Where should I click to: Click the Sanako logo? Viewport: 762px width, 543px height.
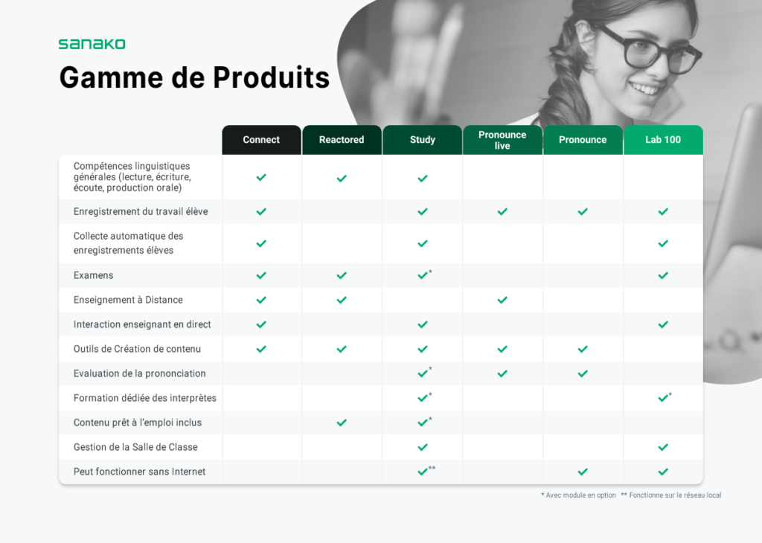tap(92, 44)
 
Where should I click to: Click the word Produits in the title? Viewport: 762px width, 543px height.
tap(271, 77)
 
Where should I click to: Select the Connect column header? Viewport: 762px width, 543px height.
tap(261, 140)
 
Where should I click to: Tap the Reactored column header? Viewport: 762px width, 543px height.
tap(342, 140)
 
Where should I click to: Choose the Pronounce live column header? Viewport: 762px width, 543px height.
tap(502, 140)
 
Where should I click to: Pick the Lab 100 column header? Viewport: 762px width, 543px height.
tap(663, 140)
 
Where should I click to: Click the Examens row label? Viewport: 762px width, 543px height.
tap(93, 275)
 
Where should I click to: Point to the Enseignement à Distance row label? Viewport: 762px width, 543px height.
tap(128, 300)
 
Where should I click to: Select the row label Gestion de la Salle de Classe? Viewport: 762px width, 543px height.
tap(135, 447)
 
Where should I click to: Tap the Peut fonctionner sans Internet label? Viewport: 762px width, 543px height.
tap(139, 472)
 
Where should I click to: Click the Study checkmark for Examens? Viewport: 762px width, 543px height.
tap(423, 275)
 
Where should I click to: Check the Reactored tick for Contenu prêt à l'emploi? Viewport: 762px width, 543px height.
tap(342, 422)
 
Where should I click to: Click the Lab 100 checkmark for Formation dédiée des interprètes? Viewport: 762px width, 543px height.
tap(663, 398)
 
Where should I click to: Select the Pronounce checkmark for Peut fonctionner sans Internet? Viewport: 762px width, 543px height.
tap(583, 472)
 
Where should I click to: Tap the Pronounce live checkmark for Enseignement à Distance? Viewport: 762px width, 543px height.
tap(502, 301)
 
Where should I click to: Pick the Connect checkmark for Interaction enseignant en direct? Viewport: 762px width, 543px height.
tap(261, 324)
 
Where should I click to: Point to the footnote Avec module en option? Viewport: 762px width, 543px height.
tap(578, 495)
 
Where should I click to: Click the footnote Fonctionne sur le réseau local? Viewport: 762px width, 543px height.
tap(671, 495)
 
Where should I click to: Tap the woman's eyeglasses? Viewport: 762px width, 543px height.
tap(651, 51)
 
